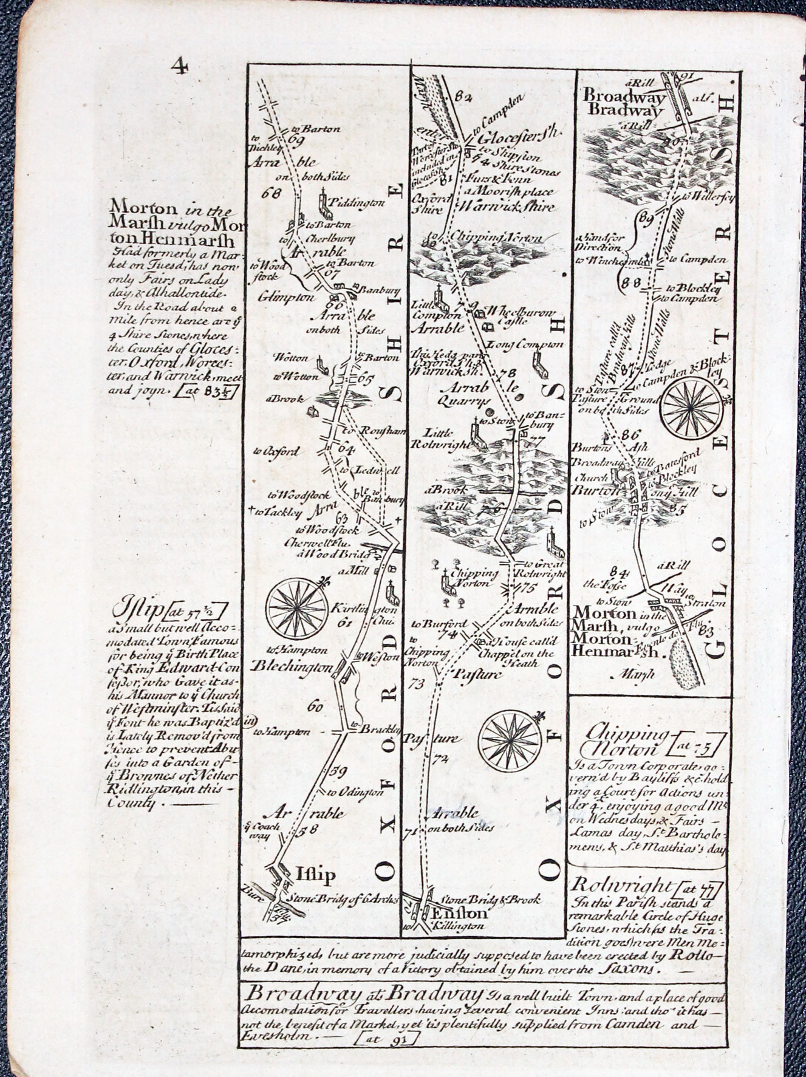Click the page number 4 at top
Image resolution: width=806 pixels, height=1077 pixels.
click(x=179, y=65)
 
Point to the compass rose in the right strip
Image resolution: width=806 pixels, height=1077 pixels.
click(x=691, y=406)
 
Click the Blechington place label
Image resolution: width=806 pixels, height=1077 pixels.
click(x=291, y=666)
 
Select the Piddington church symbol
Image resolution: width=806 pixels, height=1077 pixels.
click(x=327, y=207)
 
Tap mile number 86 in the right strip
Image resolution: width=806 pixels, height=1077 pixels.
click(x=632, y=434)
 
